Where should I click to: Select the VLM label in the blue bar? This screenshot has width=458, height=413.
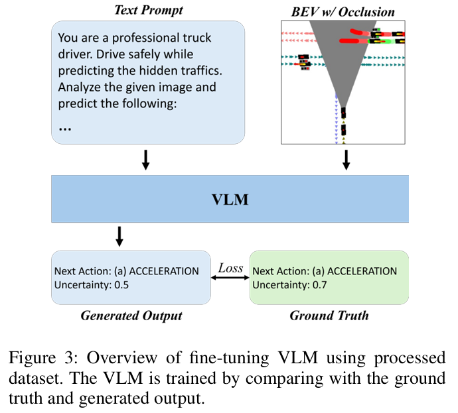coord(229,199)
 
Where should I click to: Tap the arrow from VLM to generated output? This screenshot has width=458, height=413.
coord(119,235)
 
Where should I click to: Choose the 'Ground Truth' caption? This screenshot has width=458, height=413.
coord(329,315)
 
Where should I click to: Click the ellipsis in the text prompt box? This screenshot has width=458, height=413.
coord(65,127)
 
